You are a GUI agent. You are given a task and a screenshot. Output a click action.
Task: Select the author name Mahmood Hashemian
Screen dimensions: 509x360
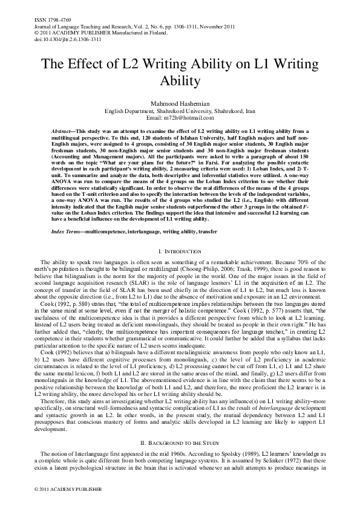coord(180,103)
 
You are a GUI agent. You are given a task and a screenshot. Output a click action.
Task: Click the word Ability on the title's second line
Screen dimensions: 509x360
coord(180,81)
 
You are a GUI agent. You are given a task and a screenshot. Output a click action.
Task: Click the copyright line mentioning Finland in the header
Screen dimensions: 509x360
coord(97,33)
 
